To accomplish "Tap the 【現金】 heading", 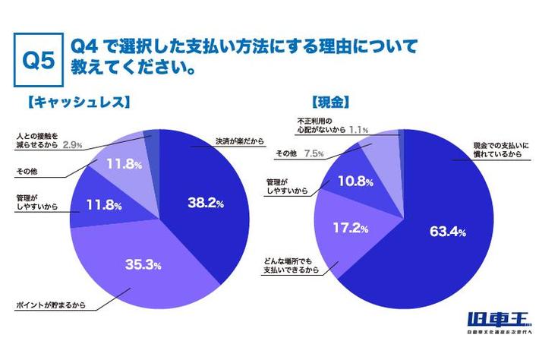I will (330, 100).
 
